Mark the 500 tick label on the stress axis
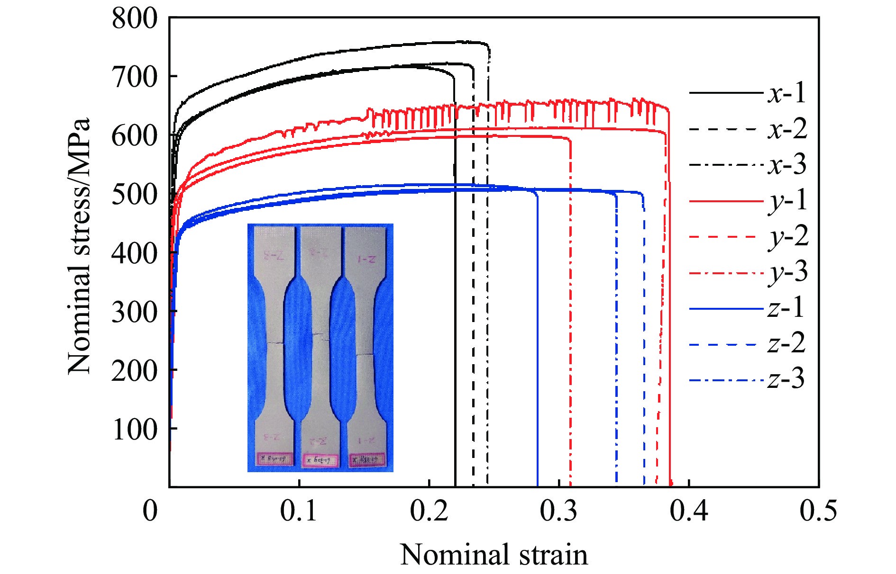pyautogui.click(x=134, y=195)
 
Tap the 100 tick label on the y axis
pyautogui.click(x=134, y=430)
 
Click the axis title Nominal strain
pyautogui.click(x=494, y=555)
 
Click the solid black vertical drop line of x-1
pyautogui.click(x=455, y=332)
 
